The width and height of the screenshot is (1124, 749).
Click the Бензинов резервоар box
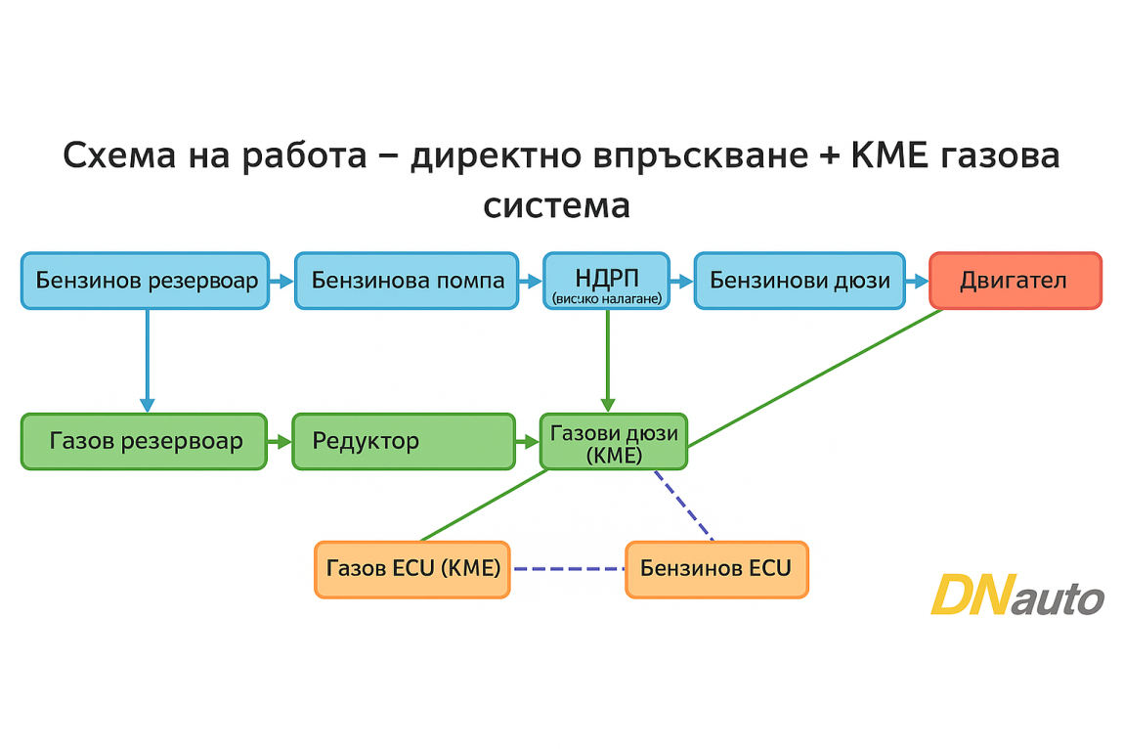(x=145, y=281)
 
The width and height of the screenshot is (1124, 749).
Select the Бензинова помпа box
(x=407, y=281)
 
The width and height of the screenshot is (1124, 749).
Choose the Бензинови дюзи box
(x=800, y=281)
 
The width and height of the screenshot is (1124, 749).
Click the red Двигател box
(x=1015, y=281)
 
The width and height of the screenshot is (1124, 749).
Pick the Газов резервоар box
(x=144, y=441)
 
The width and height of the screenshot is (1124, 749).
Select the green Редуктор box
(x=403, y=441)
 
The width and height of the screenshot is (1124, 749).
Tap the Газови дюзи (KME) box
(x=613, y=442)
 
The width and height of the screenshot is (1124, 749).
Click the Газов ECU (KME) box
(x=412, y=568)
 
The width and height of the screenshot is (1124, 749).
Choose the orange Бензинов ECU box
(x=716, y=568)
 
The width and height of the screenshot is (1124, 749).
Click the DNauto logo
(x=1016, y=595)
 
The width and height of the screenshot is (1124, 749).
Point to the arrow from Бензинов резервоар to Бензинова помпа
(x=281, y=282)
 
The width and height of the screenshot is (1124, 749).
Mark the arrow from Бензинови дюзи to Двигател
(x=916, y=282)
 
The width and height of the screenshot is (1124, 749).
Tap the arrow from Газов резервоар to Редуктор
(x=280, y=442)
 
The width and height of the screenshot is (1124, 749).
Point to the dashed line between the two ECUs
(x=568, y=568)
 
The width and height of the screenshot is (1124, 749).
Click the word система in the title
(x=556, y=206)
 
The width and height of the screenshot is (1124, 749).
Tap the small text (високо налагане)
(x=606, y=297)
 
